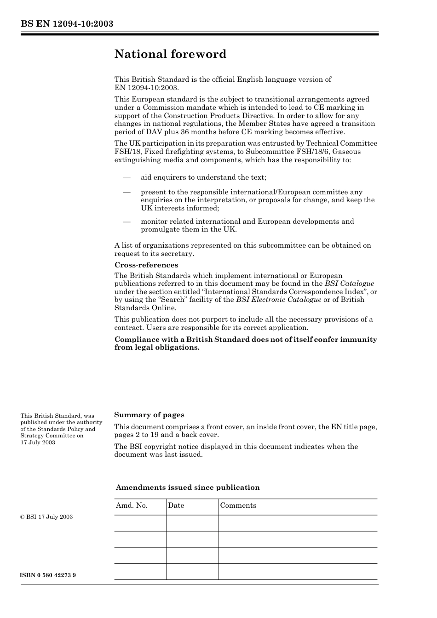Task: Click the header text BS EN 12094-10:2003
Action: pyautogui.click(x=67, y=24)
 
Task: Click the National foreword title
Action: pyautogui.click(x=170, y=54)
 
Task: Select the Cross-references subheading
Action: pyautogui.click(x=146, y=265)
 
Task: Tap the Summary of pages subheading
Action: pyautogui.click(x=149, y=415)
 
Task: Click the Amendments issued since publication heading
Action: pyautogui.click(x=187, y=488)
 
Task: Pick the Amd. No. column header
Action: pyautogui.click(x=132, y=505)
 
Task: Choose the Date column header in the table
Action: pyautogui.click(x=176, y=505)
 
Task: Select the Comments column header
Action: pyautogui.click(x=238, y=505)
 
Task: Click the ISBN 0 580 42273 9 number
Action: pyautogui.click(x=48, y=575)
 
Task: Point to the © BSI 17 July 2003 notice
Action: pyautogui.click(x=46, y=517)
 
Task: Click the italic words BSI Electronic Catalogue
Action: pyautogui.click(x=278, y=300)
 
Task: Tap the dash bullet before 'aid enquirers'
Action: pyautogui.click(x=126, y=178)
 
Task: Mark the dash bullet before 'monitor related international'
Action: pyautogui.click(x=126, y=221)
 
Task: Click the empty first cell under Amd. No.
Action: pyautogui.click(x=140, y=523)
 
